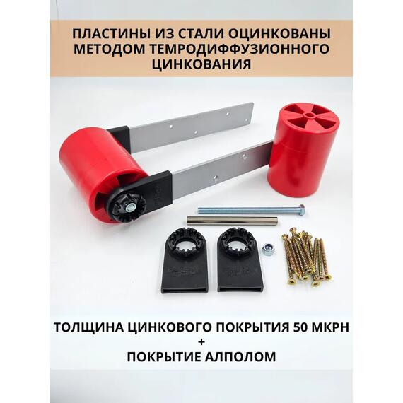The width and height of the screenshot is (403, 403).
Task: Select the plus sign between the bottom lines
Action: pyautogui.click(x=201, y=341)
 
